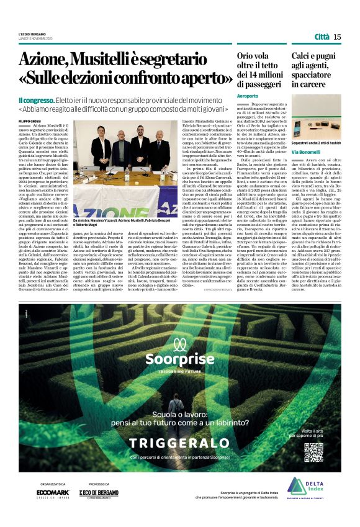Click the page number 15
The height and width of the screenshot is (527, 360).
[337, 37]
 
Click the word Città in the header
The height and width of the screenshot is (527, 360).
[322, 37]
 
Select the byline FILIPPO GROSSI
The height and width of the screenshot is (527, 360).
[30, 119]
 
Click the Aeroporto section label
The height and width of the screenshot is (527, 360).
[248, 96]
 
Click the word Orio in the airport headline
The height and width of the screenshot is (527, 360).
[248, 56]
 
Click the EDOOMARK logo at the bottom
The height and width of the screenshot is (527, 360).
[53, 492]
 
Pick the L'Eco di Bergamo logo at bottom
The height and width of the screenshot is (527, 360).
[99, 493]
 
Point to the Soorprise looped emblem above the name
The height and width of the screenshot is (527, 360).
[179, 343]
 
